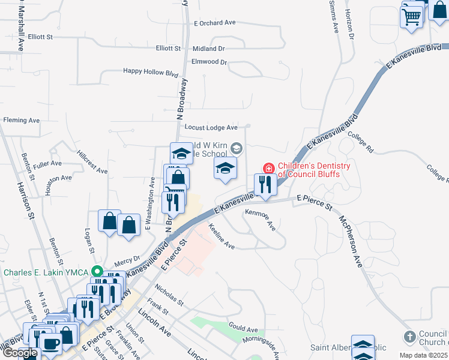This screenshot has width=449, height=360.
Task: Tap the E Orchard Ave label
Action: pos(215,23)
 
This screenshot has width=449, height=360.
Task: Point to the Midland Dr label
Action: pos(208,49)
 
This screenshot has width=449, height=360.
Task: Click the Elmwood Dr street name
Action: pos(209,62)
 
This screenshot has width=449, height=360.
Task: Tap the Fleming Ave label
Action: pos(21,121)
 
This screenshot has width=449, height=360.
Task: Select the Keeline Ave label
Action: pos(221,237)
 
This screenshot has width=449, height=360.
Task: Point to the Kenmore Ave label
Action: pos(261,219)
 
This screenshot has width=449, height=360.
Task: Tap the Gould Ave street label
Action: pos(243,329)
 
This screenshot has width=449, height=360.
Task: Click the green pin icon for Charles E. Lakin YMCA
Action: pos(94,272)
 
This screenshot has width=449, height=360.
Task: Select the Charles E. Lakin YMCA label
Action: pos(46,272)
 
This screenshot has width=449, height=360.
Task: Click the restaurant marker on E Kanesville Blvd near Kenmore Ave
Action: pos(265,184)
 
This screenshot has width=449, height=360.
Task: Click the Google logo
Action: pos(20,353)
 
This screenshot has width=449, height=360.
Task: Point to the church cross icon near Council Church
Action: pos(409,337)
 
